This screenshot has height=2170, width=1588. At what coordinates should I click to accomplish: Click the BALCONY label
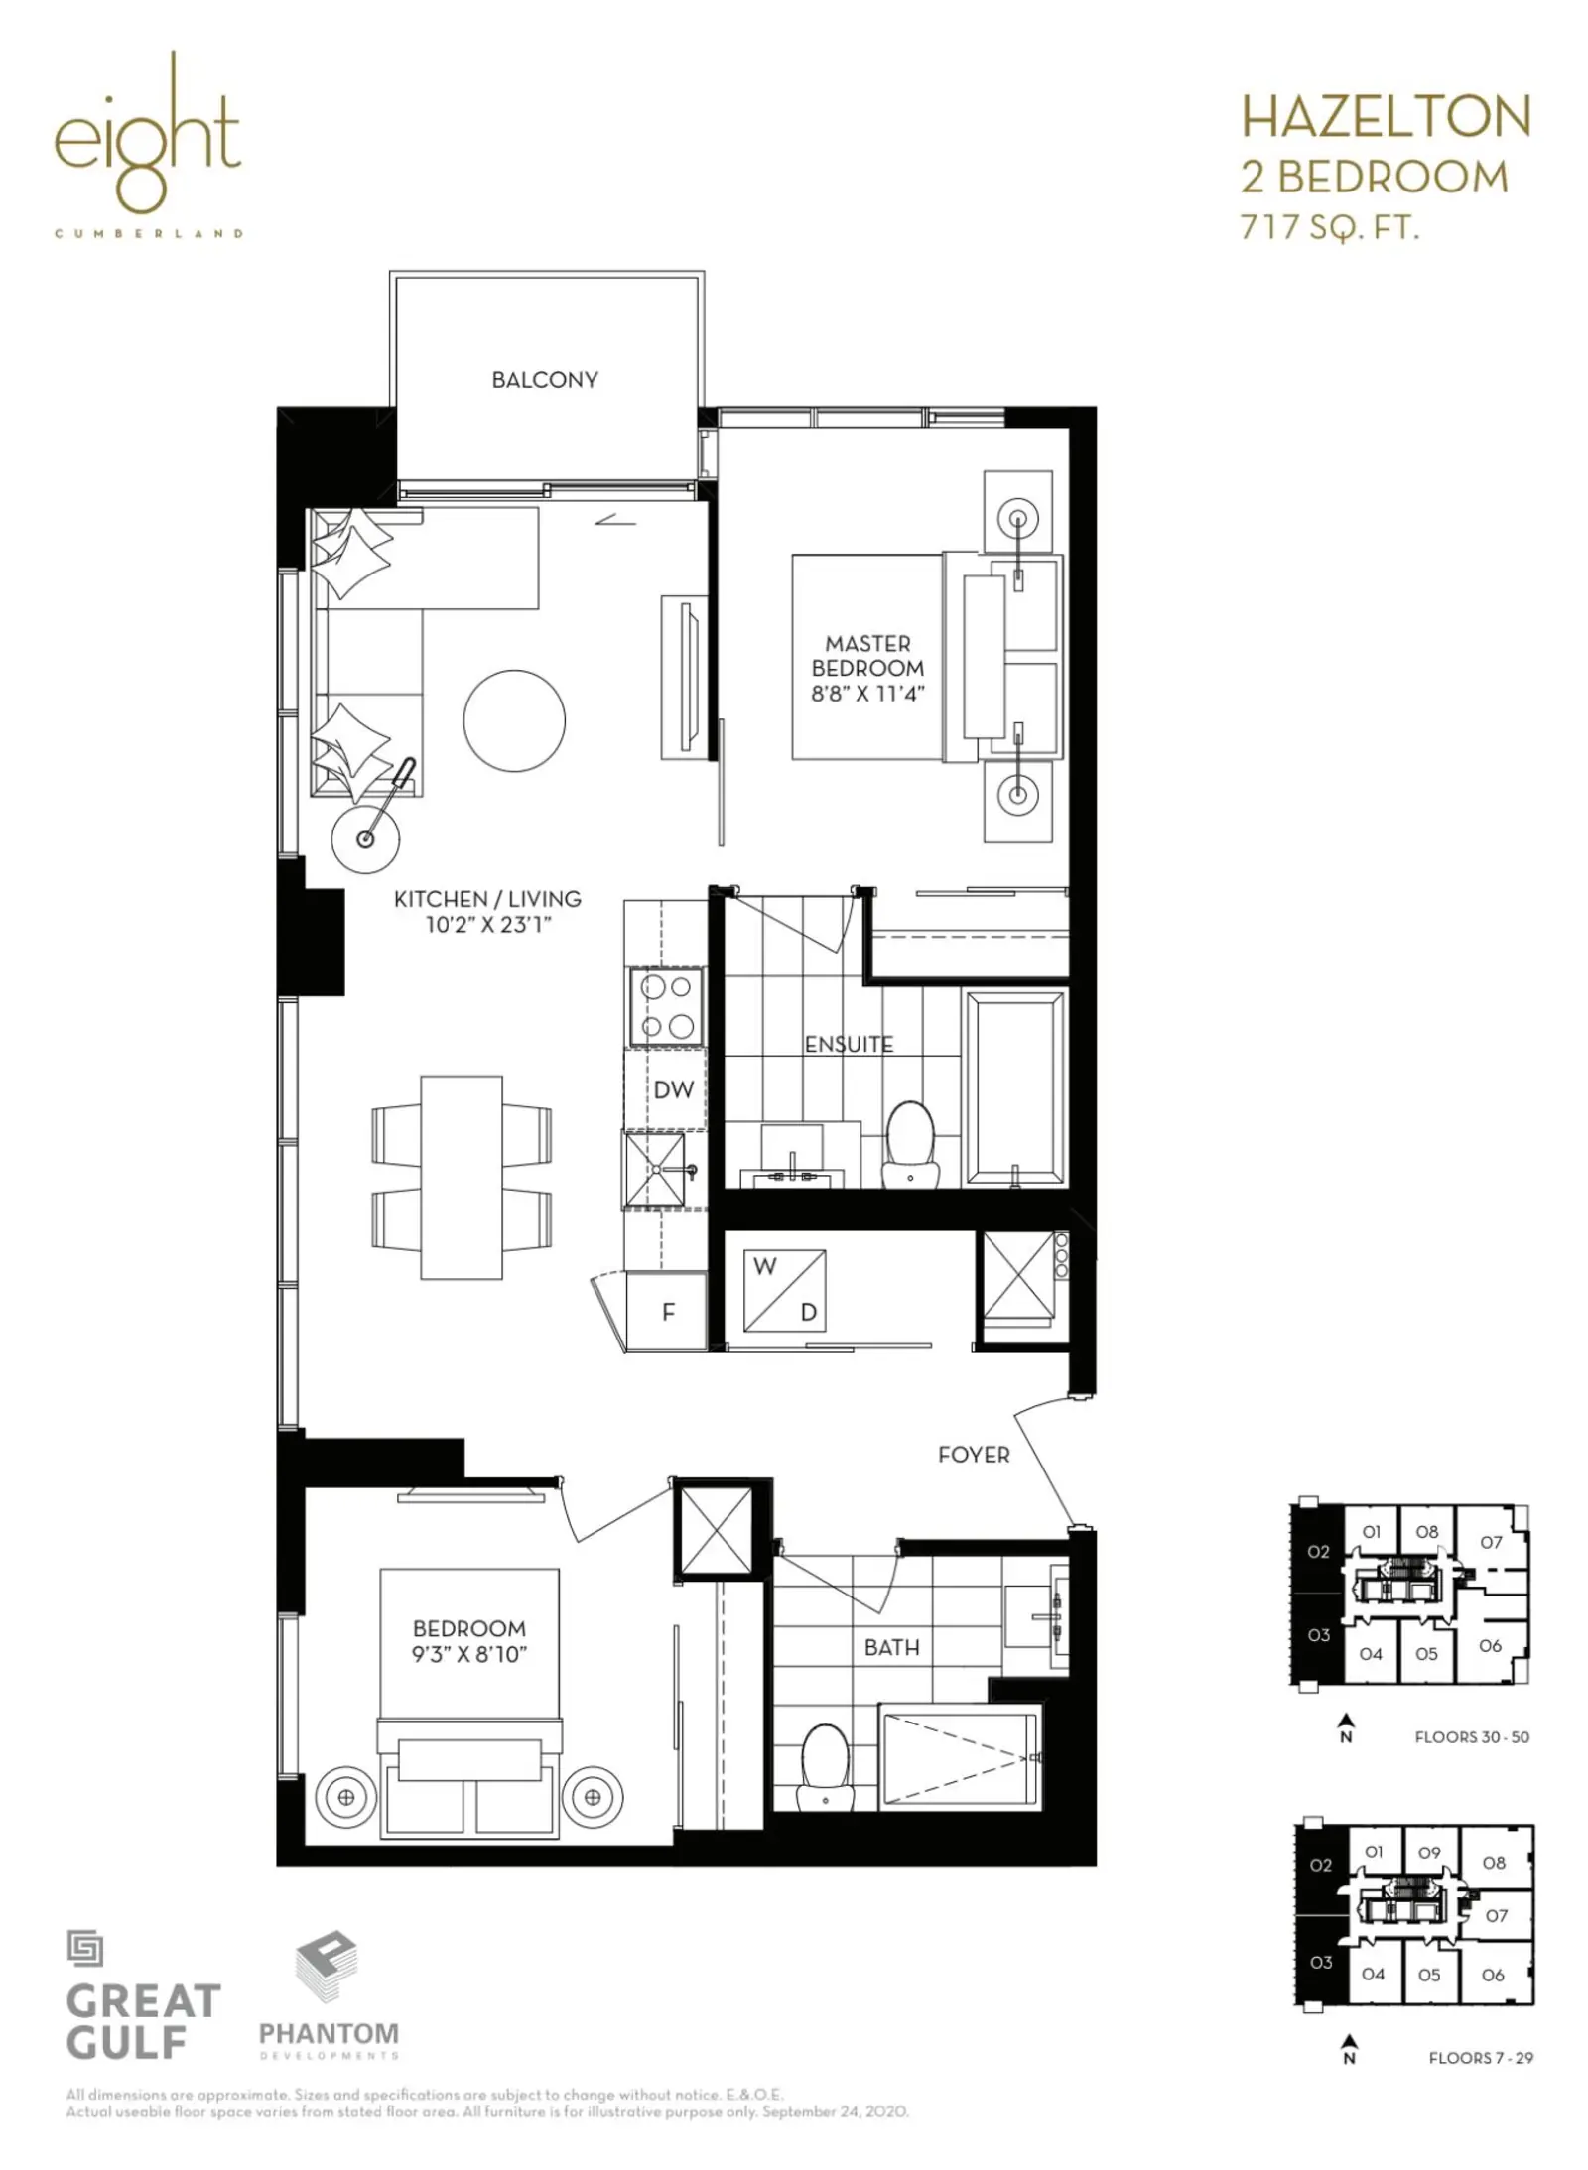click(x=545, y=380)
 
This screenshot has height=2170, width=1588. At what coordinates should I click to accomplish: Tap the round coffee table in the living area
click(x=514, y=720)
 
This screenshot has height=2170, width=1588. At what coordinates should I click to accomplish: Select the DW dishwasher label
click(x=673, y=1089)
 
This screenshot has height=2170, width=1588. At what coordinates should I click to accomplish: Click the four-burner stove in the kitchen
click(x=667, y=1007)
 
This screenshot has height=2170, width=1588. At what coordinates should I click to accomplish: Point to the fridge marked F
click(x=667, y=1311)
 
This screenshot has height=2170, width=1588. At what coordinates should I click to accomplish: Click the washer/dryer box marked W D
click(x=785, y=1291)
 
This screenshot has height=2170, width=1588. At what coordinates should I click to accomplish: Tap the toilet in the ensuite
click(x=910, y=1143)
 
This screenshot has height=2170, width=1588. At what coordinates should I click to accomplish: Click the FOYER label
click(x=974, y=1455)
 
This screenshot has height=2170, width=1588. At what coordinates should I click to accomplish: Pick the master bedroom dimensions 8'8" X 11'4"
click(x=867, y=694)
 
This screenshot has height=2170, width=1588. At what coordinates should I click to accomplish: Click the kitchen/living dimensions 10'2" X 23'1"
click(x=487, y=925)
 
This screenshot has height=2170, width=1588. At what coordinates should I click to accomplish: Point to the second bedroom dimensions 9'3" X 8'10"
click(x=469, y=1654)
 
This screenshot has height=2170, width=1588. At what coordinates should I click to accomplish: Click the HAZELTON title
click(x=1387, y=117)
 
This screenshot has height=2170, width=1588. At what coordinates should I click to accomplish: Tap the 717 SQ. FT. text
click(x=1330, y=227)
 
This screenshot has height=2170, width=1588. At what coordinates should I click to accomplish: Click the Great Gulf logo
click(x=142, y=1994)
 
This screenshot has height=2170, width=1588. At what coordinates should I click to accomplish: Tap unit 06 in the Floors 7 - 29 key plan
click(x=1493, y=1975)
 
